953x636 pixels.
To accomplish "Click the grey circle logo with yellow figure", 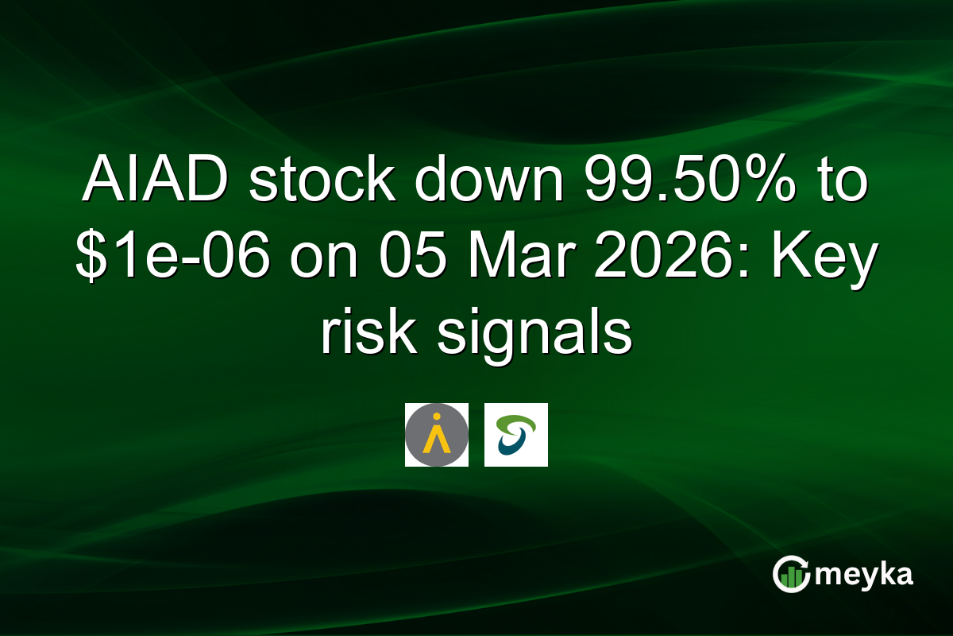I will point(436,434).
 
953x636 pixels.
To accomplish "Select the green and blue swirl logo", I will point(515,434).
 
